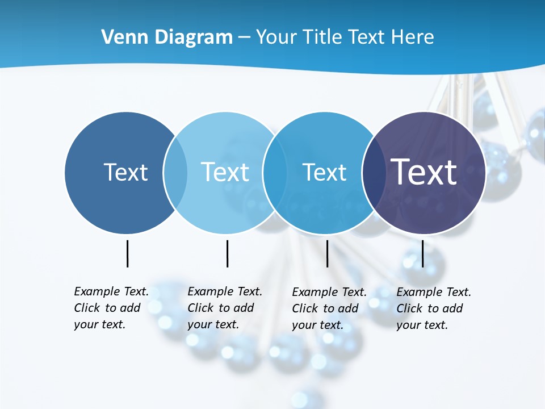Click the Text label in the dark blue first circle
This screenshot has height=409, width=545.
[125, 172]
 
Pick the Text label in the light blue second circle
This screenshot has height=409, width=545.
[225, 172]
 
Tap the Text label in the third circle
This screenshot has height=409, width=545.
[324, 172]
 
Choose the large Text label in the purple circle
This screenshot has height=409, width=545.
[424, 172]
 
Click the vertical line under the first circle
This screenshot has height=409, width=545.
[127, 253]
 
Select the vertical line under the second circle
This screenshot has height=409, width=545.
[227, 253]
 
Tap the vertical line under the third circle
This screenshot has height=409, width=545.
[327, 253]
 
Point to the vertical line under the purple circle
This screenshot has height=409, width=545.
[422, 253]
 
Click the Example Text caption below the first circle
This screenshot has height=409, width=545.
[111, 308]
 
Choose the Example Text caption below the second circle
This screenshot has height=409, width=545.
[224, 308]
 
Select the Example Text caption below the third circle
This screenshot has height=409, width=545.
[329, 308]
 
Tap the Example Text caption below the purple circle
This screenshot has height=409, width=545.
[433, 308]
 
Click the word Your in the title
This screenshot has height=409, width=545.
[277, 37]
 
